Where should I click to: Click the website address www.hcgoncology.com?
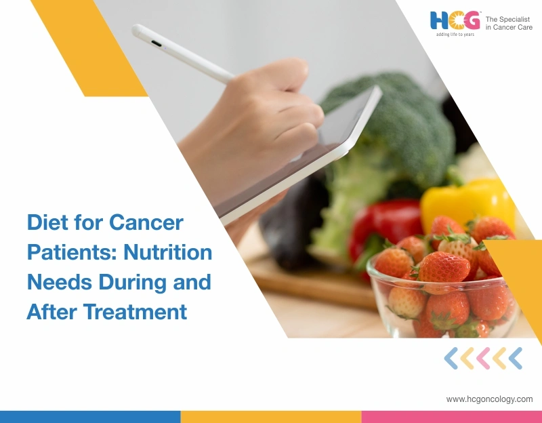[489, 399]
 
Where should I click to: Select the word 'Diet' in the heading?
[46, 222]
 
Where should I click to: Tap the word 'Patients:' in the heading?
[66, 252]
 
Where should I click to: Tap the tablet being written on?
[298, 156]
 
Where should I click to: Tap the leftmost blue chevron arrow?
[452, 358]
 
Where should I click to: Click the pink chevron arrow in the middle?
[484, 358]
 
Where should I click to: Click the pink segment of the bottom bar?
[451, 416]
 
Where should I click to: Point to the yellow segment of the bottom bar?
[271, 416]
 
